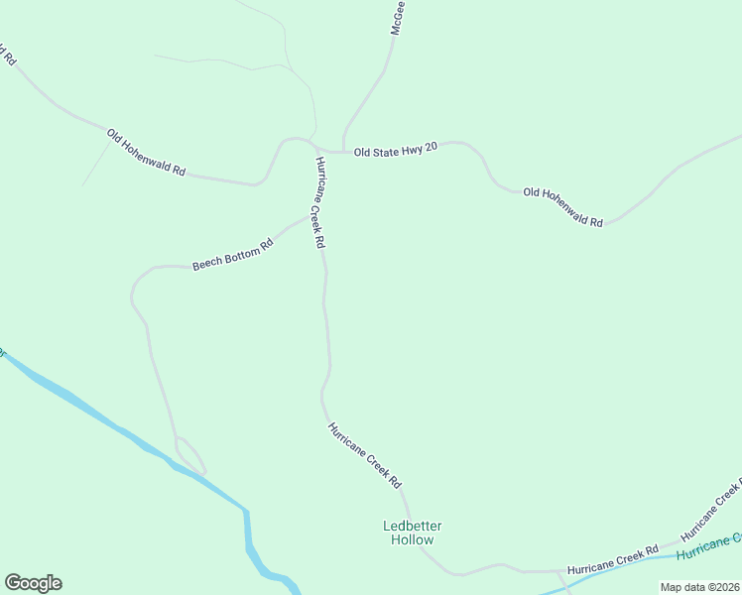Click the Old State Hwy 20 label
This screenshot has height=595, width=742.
[x=395, y=148]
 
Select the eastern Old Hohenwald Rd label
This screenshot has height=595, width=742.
[x=562, y=207]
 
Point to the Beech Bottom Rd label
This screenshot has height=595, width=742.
[x=232, y=255]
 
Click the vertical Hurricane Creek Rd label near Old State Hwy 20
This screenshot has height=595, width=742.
[x=318, y=201]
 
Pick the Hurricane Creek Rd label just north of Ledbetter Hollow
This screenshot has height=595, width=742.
[x=365, y=454]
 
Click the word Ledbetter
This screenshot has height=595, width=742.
[x=412, y=526]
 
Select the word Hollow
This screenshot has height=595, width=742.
[x=412, y=540]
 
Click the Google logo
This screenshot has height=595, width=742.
[x=33, y=583]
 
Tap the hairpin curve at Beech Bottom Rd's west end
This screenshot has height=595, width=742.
[x=134, y=289]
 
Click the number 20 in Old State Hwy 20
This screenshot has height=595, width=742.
[x=430, y=147]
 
